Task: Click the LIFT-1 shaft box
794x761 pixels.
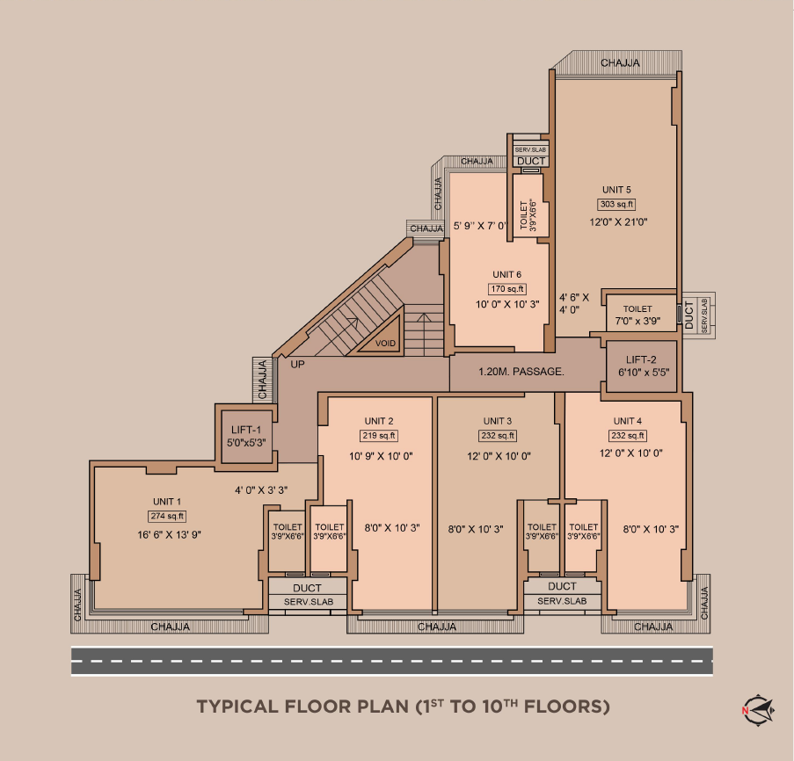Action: [247, 437]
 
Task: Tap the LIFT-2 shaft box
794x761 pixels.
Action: [641, 366]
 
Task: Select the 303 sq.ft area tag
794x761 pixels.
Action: [616, 205]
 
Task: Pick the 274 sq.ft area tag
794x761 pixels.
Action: [166, 517]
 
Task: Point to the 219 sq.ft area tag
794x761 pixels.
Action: [379, 436]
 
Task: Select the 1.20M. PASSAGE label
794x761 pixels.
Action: [521, 372]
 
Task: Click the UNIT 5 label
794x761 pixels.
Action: [616, 190]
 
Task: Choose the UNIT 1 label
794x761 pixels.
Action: [166, 502]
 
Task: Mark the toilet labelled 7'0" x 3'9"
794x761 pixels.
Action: [638, 315]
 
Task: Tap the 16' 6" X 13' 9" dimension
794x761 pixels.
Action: [166, 533]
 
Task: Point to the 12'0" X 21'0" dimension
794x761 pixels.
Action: [618, 222]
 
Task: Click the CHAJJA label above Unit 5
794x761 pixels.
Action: [620, 63]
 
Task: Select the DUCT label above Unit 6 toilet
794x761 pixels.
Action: [531, 162]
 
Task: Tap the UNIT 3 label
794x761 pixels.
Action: [498, 421]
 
